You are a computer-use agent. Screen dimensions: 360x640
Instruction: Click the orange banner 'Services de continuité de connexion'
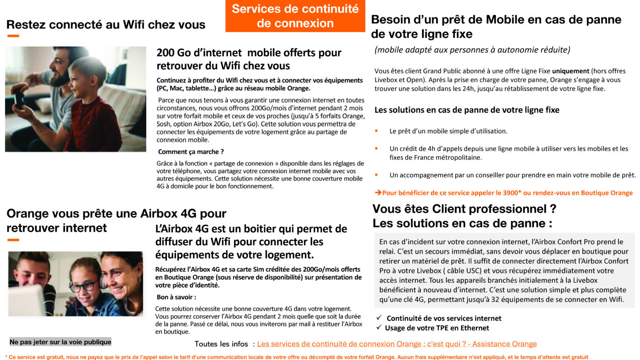click(x=295, y=16)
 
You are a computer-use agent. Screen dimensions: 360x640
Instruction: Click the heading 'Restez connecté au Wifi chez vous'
click(x=106, y=24)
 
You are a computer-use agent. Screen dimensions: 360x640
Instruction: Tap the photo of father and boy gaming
click(x=75, y=99)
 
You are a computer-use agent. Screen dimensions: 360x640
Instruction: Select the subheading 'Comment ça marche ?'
click(x=191, y=152)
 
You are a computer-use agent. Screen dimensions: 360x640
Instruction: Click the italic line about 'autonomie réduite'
click(x=472, y=50)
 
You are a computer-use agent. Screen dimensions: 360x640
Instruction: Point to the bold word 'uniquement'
click(x=571, y=71)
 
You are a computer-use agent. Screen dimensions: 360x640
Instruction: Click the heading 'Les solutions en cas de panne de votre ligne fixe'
click(x=467, y=110)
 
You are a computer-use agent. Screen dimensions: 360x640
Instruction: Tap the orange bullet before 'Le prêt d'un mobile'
click(x=376, y=131)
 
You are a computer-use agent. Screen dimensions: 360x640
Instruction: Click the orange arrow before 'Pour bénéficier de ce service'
click(x=378, y=193)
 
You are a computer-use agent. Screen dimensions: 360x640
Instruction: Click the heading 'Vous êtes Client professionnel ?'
click(x=464, y=209)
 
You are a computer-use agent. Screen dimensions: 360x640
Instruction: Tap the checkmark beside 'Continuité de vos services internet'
click(x=379, y=318)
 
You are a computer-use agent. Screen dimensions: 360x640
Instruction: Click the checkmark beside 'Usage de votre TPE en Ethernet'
click(x=379, y=328)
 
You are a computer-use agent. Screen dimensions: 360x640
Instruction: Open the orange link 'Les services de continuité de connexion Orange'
click(x=397, y=344)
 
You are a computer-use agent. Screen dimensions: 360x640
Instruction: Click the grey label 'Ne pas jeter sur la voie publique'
click(x=60, y=342)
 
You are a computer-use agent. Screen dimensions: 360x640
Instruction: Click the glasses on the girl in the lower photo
click(x=83, y=286)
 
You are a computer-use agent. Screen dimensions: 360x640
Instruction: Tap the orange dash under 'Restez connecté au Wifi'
click(x=13, y=36)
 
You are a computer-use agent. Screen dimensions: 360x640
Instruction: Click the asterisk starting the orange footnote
click(x=6, y=357)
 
